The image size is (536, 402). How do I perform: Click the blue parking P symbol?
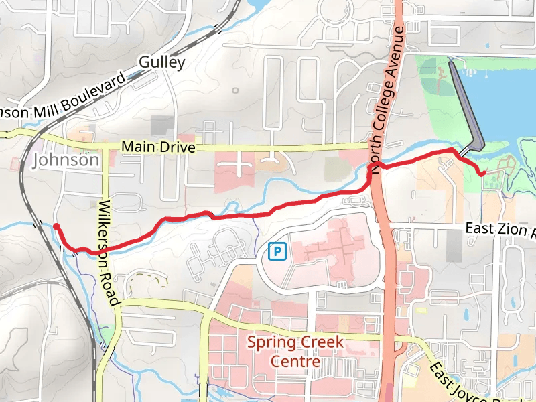(277, 251)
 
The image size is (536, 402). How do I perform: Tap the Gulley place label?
(161, 63)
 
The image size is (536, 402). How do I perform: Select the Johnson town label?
(66, 161)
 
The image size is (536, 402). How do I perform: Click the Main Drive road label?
(158, 147)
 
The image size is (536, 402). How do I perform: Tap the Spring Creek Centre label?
(295, 352)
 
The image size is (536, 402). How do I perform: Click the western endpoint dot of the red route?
(57, 226)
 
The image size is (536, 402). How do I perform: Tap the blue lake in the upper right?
(509, 107)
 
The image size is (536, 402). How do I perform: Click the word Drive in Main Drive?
(178, 147)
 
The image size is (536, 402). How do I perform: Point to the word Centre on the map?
(295, 362)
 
